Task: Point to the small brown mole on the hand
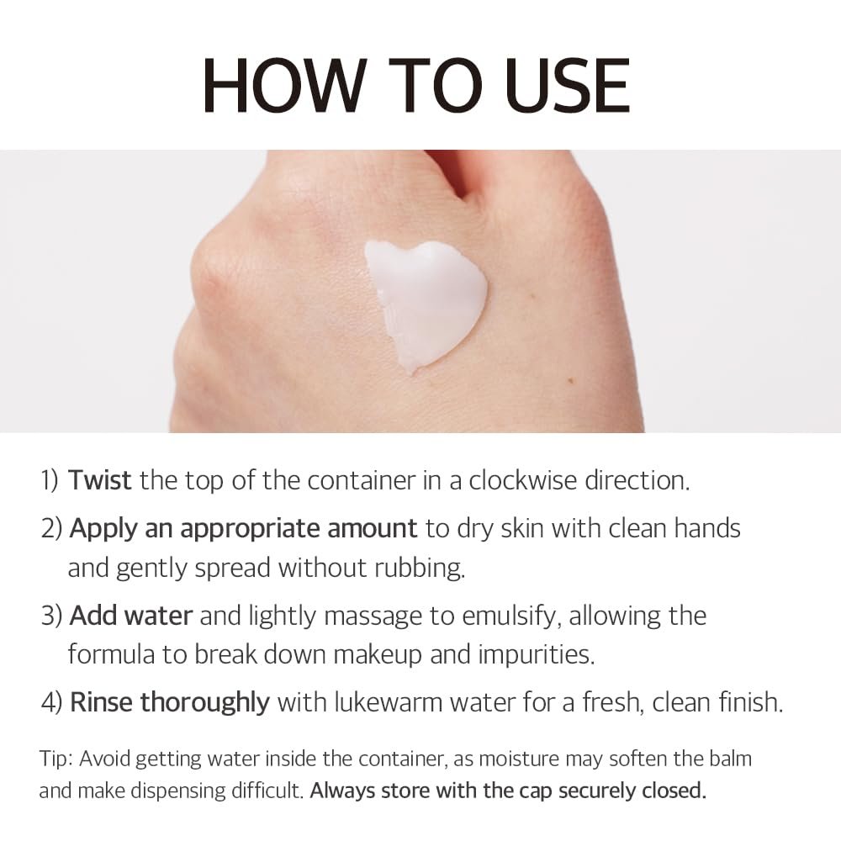click(571, 381)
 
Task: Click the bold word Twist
click(100, 480)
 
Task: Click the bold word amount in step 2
click(373, 528)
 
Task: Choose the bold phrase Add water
click(131, 616)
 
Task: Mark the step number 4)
click(51, 702)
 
